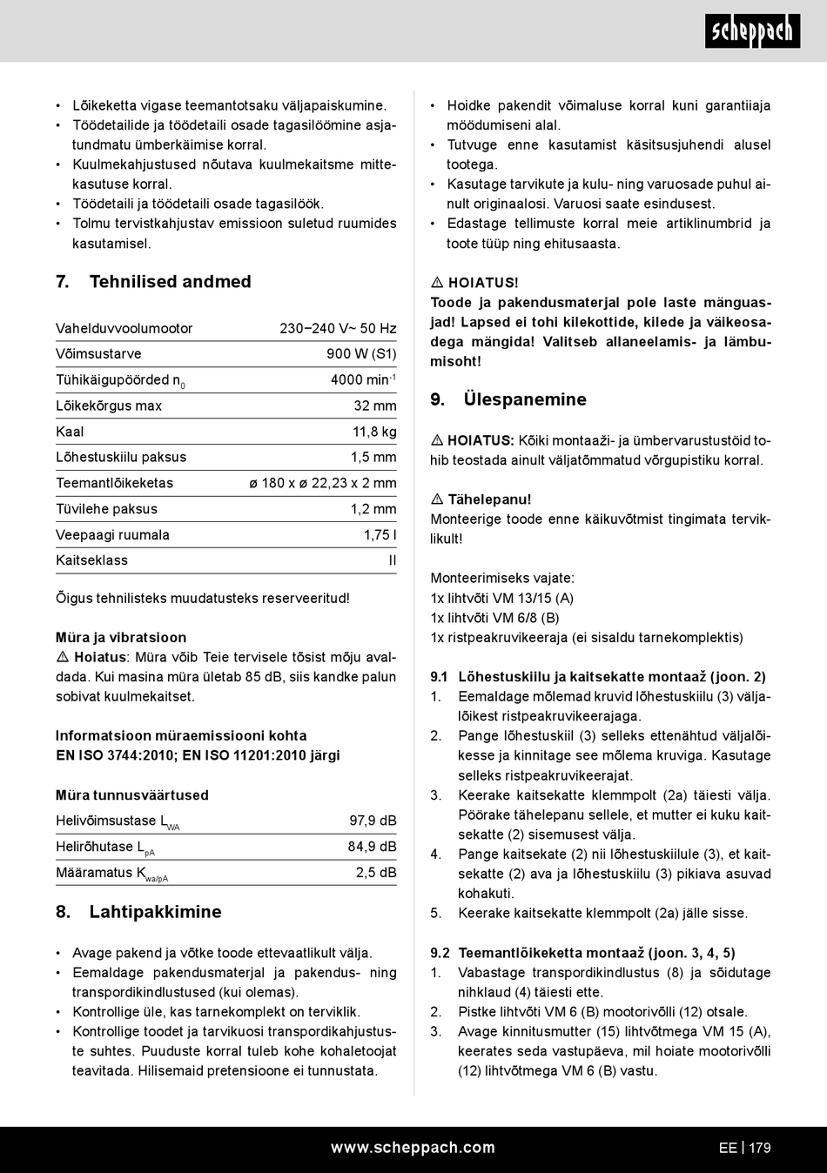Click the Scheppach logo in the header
[x=752, y=31]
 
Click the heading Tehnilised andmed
[x=170, y=282]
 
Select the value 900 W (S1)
[x=361, y=354]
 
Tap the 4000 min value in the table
[x=363, y=380]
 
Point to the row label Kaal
[x=70, y=432]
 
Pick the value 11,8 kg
[x=374, y=432]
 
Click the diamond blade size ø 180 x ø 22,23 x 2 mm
[x=322, y=483]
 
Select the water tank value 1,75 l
[x=380, y=535]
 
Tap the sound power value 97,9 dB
[x=373, y=821]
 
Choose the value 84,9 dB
[x=372, y=847]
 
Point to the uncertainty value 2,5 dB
[x=376, y=873]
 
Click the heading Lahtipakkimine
[x=155, y=912]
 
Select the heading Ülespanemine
[x=525, y=400]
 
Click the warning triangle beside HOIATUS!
[x=437, y=283]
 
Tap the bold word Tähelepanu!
[x=489, y=499]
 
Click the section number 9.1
[x=439, y=677]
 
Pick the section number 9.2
[x=440, y=953]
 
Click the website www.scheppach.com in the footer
[x=413, y=1148]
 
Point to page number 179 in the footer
[x=760, y=1148]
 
